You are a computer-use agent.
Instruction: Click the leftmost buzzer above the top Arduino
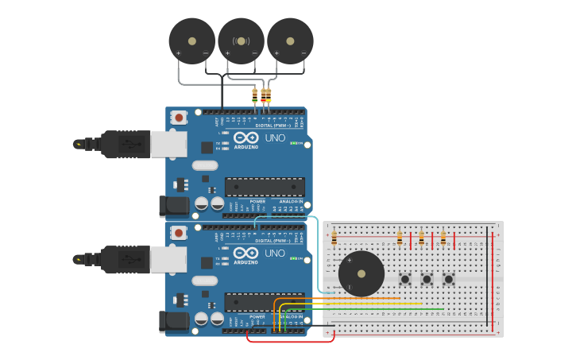tap(192, 41)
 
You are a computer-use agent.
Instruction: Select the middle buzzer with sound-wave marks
tap(241, 41)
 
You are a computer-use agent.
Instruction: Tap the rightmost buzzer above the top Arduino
tap(290, 41)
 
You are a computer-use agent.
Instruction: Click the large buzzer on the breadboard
tap(361, 273)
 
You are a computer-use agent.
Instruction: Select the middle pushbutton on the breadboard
tap(427, 279)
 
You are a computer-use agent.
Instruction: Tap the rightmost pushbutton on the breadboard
tap(448, 279)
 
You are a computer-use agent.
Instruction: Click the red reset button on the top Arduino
tap(179, 118)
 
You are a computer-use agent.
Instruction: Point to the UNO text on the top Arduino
tap(275, 138)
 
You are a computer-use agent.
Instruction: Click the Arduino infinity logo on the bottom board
tap(245, 252)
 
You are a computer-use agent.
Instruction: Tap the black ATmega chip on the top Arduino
tap(265, 187)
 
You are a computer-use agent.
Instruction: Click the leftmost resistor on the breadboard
tap(334, 238)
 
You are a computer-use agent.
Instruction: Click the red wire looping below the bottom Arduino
tap(290, 342)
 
